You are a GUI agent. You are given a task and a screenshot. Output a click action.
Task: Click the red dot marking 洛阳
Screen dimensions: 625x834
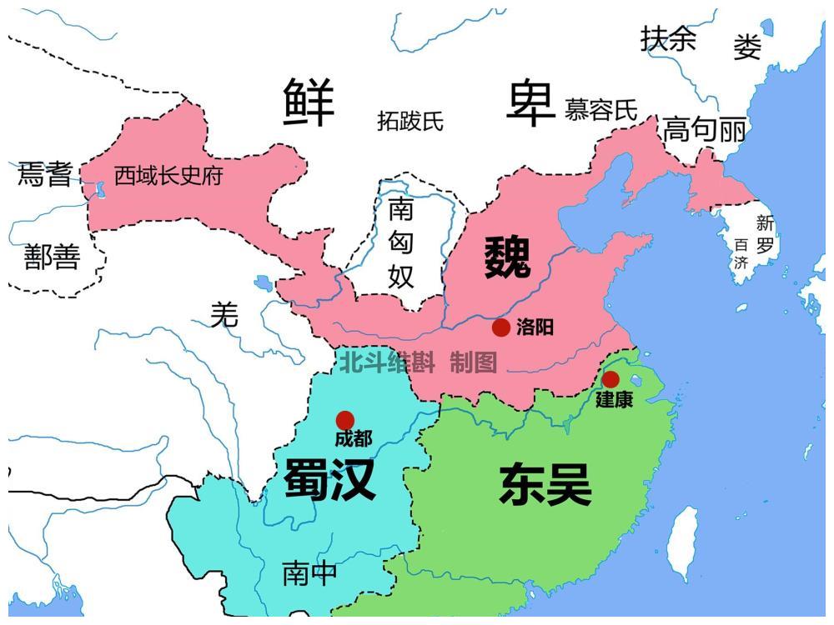(x=500, y=327)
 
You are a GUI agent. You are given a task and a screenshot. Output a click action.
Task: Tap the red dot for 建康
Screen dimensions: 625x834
(x=610, y=379)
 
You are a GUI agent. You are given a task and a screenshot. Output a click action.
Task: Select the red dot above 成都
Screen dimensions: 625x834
(x=344, y=420)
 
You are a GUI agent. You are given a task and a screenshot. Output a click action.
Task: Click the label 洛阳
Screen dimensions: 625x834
(x=535, y=327)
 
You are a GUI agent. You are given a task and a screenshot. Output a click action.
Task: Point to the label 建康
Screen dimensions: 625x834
(x=614, y=400)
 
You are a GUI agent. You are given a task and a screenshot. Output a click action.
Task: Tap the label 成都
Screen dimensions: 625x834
(x=354, y=438)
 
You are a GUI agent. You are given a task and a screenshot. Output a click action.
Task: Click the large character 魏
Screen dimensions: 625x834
(x=507, y=257)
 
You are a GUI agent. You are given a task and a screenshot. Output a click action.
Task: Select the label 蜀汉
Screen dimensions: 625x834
(x=329, y=479)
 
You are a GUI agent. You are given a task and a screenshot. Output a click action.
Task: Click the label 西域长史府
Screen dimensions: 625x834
(x=168, y=176)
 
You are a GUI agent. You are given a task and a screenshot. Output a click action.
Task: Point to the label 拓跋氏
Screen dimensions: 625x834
(x=410, y=122)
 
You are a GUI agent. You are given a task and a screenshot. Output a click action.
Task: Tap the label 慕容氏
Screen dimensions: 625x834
(x=600, y=110)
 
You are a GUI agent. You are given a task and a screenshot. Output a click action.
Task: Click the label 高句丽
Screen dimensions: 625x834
(x=704, y=130)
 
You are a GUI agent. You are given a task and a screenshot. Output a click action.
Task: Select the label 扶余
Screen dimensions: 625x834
(x=668, y=38)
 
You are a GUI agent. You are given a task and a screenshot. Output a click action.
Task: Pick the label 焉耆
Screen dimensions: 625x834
(x=45, y=174)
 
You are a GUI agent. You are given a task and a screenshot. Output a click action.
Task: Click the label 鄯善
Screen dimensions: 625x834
(x=52, y=257)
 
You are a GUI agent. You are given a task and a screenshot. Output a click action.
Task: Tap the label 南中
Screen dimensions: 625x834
(x=310, y=573)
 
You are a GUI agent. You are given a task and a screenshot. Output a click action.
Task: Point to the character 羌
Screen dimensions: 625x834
(x=224, y=315)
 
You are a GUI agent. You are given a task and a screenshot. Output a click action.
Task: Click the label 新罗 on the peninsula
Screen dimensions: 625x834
(x=766, y=234)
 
